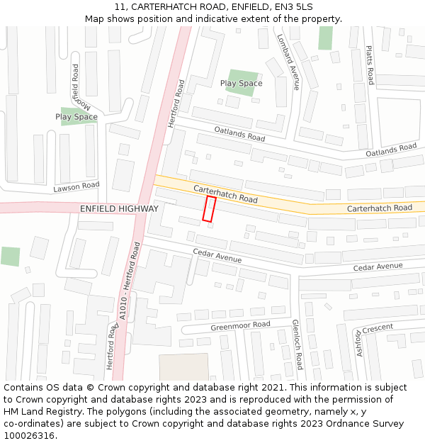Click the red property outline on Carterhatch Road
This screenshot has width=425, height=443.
[209, 209]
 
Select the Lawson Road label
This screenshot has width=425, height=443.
[76, 187]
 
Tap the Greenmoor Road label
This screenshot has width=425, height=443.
[240, 326]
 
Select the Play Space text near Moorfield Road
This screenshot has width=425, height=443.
[76, 117]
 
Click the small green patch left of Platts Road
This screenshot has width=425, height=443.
[325, 38]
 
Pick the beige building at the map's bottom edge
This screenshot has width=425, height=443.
[183, 367]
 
